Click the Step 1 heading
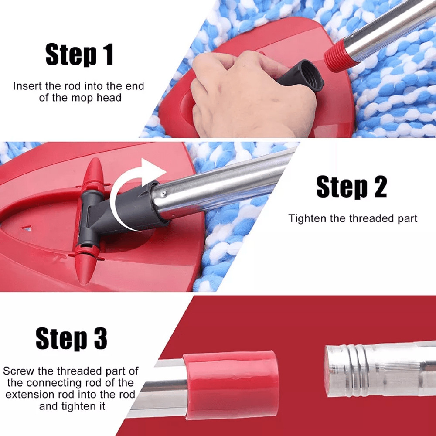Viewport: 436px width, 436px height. pos(79,55)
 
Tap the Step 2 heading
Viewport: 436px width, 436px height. pos(351,187)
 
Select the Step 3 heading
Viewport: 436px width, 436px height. pos(72,339)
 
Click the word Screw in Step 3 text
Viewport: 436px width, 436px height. pos(17,371)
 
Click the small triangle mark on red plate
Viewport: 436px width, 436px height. pos(27,228)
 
